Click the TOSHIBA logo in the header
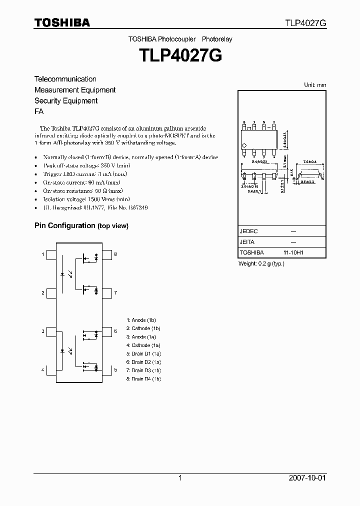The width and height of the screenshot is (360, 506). pyautogui.click(x=62, y=22)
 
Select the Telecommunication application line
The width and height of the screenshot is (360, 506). pyautogui.click(x=65, y=79)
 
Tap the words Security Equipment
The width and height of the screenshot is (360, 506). pyautogui.click(x=65, y=101)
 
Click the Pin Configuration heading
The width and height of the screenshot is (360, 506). pyautogui.click(x=64, y=225)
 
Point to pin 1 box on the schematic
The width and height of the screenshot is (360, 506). pyautogui.click(x=51, y=255)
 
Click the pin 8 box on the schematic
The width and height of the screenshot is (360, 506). pyautogui.click(x=106, y=255)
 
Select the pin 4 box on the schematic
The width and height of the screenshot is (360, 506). pyautogui.click(x=51, y=370)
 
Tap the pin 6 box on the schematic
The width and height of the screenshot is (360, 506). pyautogui.click(x=106, y=331)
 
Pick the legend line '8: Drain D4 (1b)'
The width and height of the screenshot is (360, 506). pyautogui.click(x=144, y=379)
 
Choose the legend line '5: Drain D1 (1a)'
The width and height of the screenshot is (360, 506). pyautogui.click(x=144, y=353)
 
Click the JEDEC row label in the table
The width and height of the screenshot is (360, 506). pyautogui.click(x=248, y=231)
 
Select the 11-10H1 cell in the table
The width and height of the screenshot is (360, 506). pyautogui.click(x=293, y=253)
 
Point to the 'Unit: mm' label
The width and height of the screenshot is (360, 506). pyautogui.click(x=315, y=85)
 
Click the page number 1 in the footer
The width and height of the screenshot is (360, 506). pyautogui.click(x=180, y=478)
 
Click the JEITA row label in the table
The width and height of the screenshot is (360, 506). pyautogui.click(x=247, y=242)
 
